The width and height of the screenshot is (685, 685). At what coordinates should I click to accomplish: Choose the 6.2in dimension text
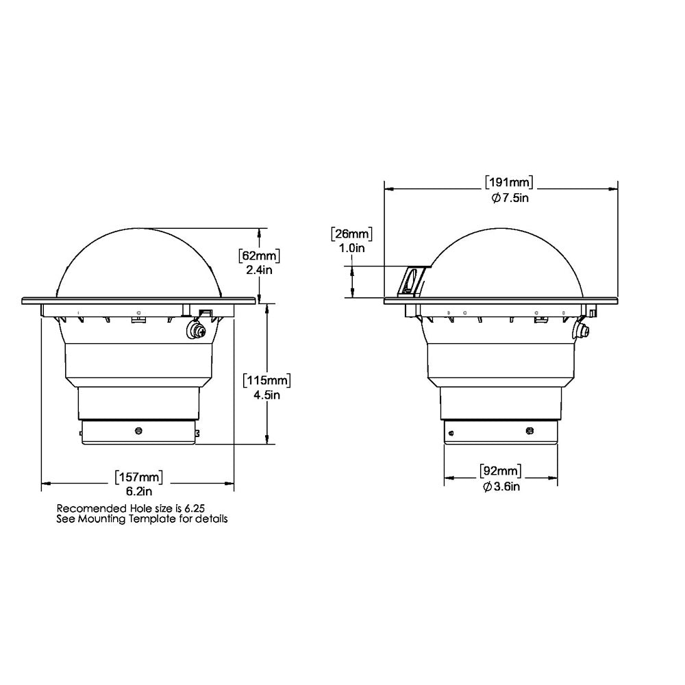pyautogui.click(x=140, y=490)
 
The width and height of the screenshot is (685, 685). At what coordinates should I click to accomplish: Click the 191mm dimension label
pyautogui.click(x=509, y=183)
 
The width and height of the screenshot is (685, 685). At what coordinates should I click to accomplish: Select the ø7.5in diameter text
pyautogui.click(x=509, y=197)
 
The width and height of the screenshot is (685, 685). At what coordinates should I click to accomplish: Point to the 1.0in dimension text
pyautogui.click(x=351, y=249)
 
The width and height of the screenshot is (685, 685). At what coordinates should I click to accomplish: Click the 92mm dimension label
pyautogui.click(x=500, y=471)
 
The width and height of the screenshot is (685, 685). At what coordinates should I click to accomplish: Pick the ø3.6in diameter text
pyautogui.click(x=500, y=486)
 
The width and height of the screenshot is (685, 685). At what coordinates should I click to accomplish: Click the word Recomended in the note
pyautogui.click(x=85, y=508)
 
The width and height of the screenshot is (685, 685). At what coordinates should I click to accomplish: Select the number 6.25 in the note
pyautogui.click(x=194, y=508)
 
